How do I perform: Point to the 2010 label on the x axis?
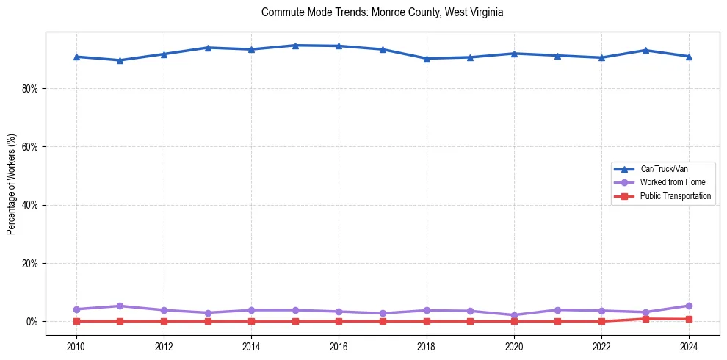tap(76, 345)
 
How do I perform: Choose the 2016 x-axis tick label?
tap(339, 345)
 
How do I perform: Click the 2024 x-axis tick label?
tap(689, 345)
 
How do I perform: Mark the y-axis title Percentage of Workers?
tap(12, 184)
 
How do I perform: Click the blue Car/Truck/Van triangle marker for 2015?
tap(295, 46)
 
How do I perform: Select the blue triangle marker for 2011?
tap(120, 60)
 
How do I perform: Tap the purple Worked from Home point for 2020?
tap(514, 315)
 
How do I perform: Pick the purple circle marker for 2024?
tap(689, 306)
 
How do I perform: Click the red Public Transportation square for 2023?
tap(645, 319)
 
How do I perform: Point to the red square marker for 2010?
tap(76, 321)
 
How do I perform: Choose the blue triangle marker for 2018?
tap(427, 59)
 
